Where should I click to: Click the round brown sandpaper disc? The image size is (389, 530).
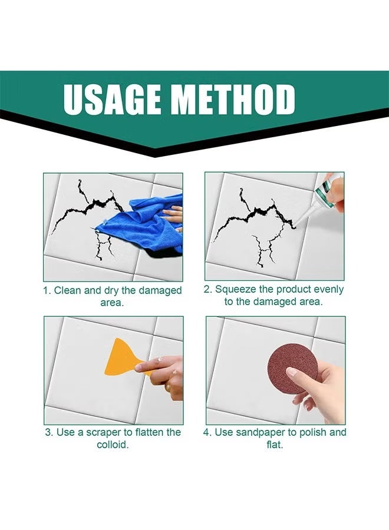pos(292,368)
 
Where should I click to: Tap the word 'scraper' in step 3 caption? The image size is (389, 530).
pos(103,432)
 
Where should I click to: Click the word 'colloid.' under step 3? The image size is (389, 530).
pos(113,445)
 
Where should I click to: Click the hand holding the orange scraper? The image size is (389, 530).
pos(162,374)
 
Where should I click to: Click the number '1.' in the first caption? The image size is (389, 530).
pos(47,290)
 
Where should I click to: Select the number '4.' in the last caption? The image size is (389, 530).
pos(207,432)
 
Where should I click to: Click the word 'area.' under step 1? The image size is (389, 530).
pos(113,303)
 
